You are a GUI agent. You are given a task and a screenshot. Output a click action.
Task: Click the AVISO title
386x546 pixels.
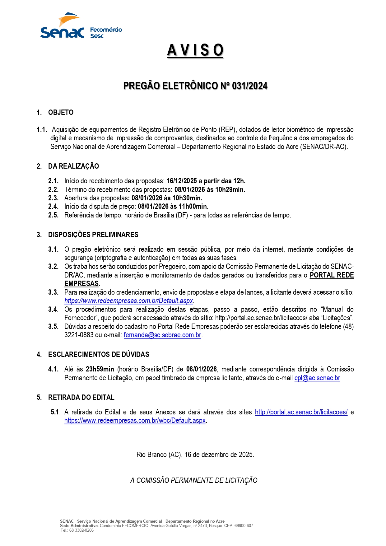tap(195, 50)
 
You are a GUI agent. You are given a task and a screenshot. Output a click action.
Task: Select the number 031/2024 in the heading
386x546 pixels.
tap(249, 86)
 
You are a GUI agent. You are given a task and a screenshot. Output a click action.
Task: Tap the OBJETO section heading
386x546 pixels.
tap(61, 112)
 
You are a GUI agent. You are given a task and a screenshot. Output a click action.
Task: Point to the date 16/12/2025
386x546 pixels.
tap(182, 181)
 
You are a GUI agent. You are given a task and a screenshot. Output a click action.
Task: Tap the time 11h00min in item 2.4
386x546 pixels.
tap(193, 206)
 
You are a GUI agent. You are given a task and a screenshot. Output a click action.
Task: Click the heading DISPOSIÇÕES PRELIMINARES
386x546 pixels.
tap(93, 235)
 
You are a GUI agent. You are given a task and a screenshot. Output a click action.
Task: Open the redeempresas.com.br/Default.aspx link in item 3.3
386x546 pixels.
tap(129, 301)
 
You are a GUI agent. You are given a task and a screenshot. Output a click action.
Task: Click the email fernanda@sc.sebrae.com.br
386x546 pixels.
tap(162, 335)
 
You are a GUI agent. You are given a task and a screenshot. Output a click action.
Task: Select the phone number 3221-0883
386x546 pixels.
tap(79, 335)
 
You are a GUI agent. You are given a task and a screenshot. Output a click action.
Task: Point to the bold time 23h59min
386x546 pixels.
tap(100, 369)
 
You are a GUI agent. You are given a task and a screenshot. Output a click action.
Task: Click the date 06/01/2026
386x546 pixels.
tap(202, 369)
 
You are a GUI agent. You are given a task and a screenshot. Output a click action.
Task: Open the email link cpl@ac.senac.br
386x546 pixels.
tap(317, 378)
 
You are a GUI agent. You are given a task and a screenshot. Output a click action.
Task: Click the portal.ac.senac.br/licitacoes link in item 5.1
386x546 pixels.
tap(301, 412)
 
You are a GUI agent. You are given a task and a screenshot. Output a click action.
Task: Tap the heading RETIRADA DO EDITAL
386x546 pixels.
tap(81, 397)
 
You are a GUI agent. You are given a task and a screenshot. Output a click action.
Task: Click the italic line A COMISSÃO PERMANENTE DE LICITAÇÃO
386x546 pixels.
tap(194, 480)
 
